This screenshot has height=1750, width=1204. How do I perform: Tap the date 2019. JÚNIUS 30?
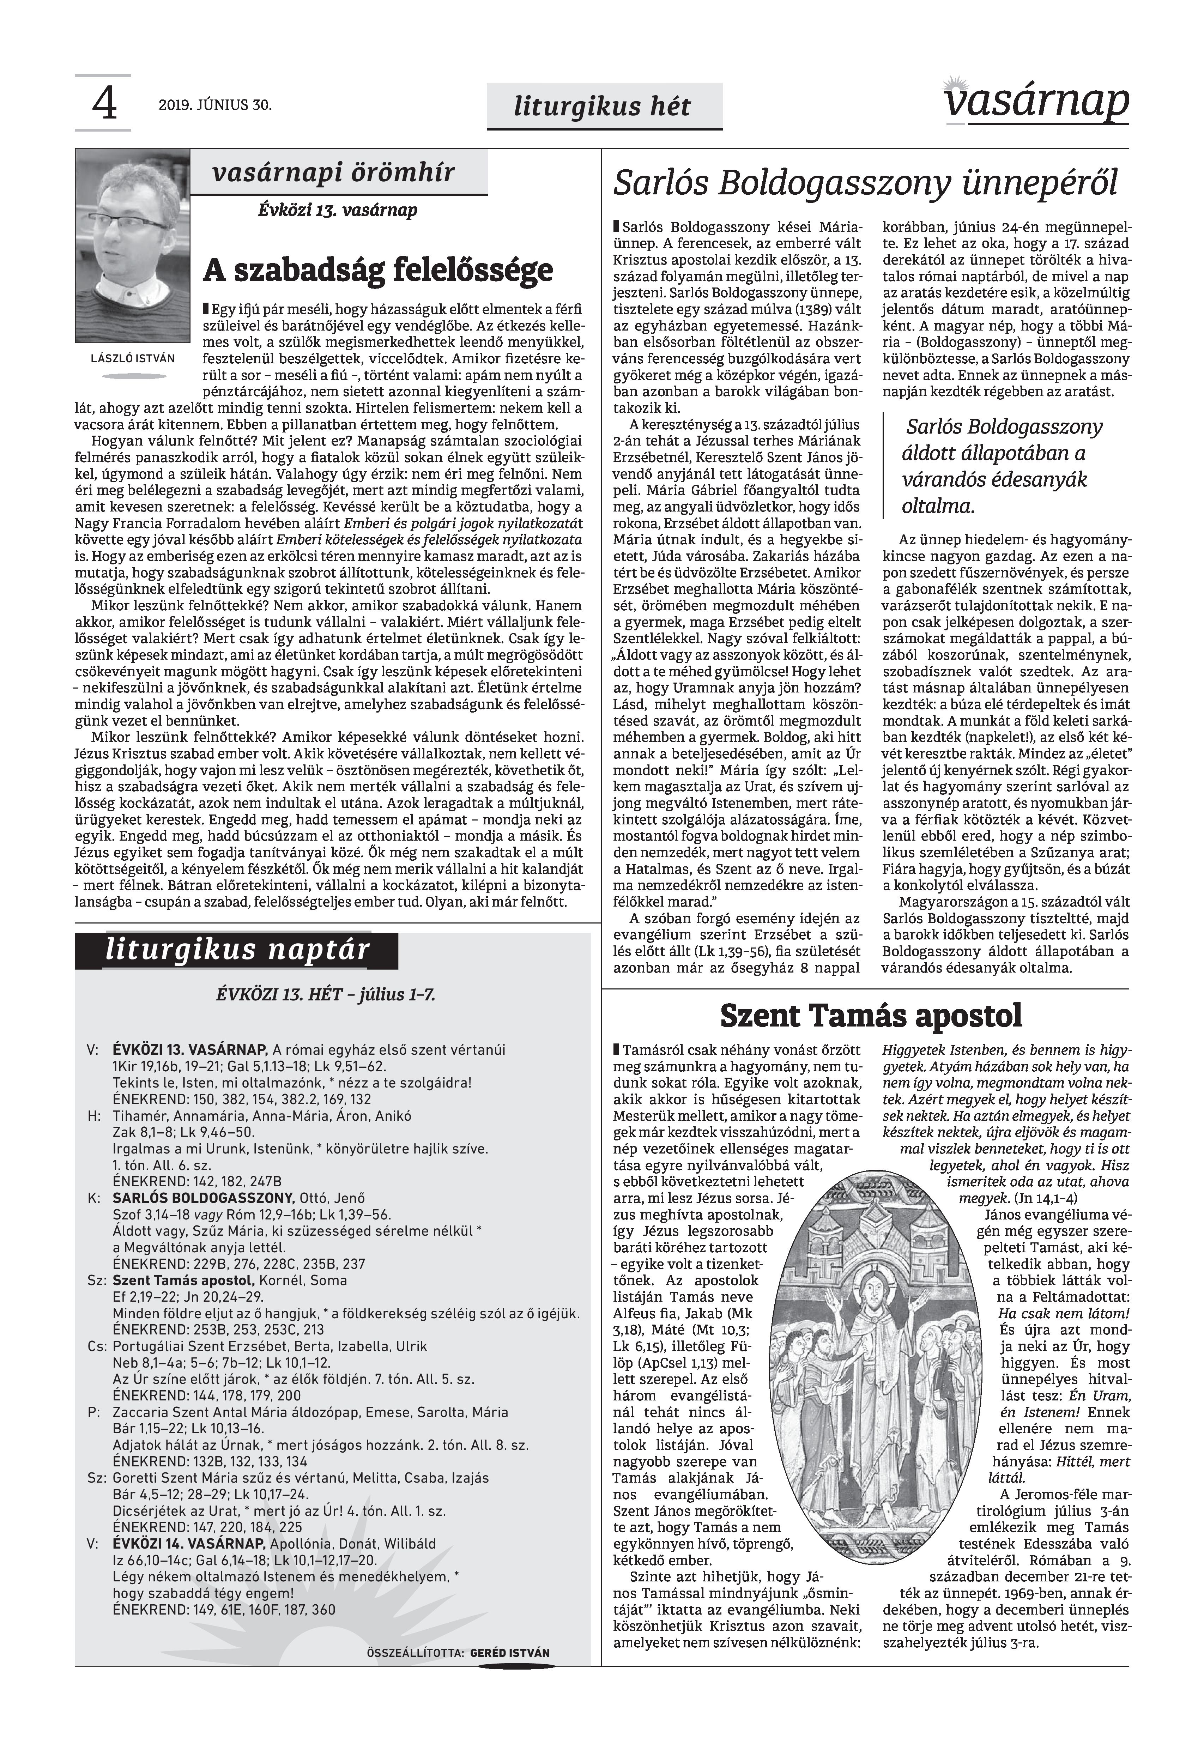215,105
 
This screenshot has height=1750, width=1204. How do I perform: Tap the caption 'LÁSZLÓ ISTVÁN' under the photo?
132,359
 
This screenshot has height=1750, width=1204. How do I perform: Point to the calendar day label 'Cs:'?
96,1346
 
